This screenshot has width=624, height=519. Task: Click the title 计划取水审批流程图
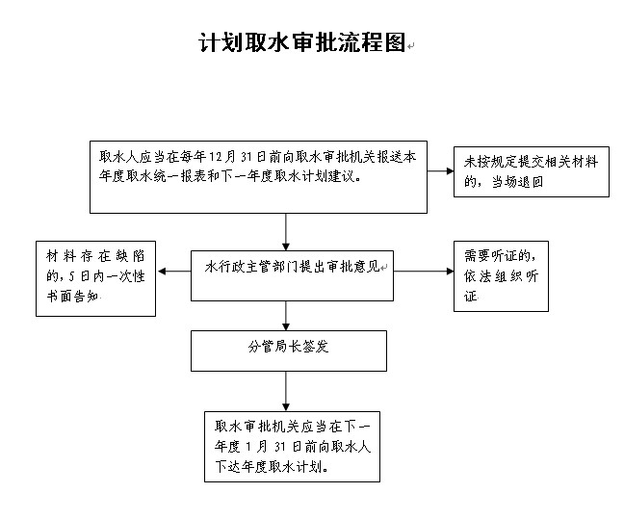click(x=302, y=42)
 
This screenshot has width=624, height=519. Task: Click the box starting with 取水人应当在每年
click(x=258, y=177)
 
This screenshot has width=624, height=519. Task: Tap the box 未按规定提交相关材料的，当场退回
click(x=532, y=171)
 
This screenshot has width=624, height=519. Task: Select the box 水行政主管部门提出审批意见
click(x=292, y=275)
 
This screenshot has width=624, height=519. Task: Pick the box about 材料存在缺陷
click(x=95, y=278)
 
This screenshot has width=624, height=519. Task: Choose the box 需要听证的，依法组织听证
click(x=501, y=276)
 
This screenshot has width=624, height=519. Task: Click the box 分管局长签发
click(x=289, y=351)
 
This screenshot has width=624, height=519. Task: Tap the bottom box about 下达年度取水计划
click(x=292, y=447)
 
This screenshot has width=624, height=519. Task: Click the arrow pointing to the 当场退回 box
click(x=440, y=171)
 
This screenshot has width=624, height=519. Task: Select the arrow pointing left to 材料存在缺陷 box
click(x=174, y=272)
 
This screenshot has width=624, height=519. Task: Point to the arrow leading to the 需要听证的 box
click(x=424, y=272)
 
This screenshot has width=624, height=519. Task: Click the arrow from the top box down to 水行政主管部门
click(x=286, y=232)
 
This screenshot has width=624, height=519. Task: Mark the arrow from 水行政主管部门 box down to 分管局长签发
click(x=286, y=316)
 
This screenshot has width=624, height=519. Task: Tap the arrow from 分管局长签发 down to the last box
click(x=286, y=392)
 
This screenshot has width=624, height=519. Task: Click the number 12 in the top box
click(x=216, y=157)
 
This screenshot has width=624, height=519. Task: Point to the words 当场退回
click(x=517, y=182)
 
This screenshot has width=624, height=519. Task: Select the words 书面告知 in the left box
click(x=72, y=297)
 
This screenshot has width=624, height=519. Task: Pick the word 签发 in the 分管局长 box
click(x=315, y=347)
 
